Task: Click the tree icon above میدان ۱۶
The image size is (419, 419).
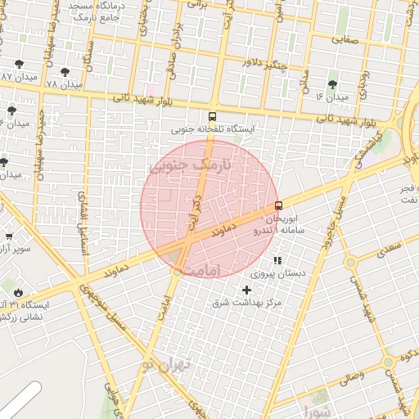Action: [333, 84]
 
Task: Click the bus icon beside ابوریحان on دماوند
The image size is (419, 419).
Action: [278, 205]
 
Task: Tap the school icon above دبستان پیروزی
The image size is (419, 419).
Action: [277, 261]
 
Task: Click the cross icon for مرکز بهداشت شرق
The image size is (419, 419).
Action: [247, 291]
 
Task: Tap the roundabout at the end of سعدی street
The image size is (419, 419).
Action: [351, 263]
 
